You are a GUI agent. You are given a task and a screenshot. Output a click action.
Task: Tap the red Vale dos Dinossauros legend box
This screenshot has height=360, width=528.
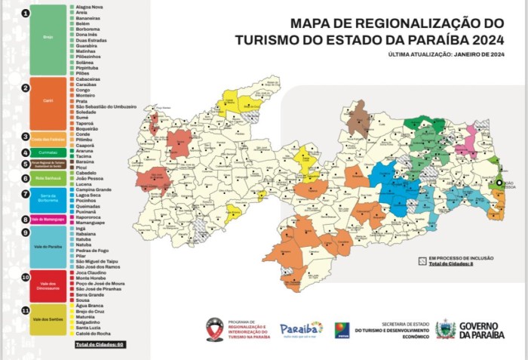click(x=48, y=286)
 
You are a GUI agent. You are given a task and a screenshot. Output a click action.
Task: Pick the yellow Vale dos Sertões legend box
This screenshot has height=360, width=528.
click(x=48, y=319)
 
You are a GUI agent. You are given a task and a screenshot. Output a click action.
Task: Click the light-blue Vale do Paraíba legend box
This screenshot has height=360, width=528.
click(x=48, y=247)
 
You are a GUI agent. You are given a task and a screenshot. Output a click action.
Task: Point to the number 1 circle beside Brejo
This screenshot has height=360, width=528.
click(x=26, y=14)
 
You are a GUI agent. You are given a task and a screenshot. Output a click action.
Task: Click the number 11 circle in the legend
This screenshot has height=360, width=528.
click(x=26, y=310)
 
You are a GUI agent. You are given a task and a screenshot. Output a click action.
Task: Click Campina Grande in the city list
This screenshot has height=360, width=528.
click(x=94, y=189)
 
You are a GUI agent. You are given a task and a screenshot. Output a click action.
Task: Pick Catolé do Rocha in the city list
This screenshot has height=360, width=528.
click(x=94, y=334)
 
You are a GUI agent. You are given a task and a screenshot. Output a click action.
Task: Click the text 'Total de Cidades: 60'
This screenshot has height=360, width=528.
click(x=100, y=345)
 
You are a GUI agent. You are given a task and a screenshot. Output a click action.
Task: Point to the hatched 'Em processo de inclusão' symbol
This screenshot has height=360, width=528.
click(x=422, y=260)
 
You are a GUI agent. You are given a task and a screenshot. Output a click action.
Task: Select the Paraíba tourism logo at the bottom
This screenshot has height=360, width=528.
click(x=301, y=329)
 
